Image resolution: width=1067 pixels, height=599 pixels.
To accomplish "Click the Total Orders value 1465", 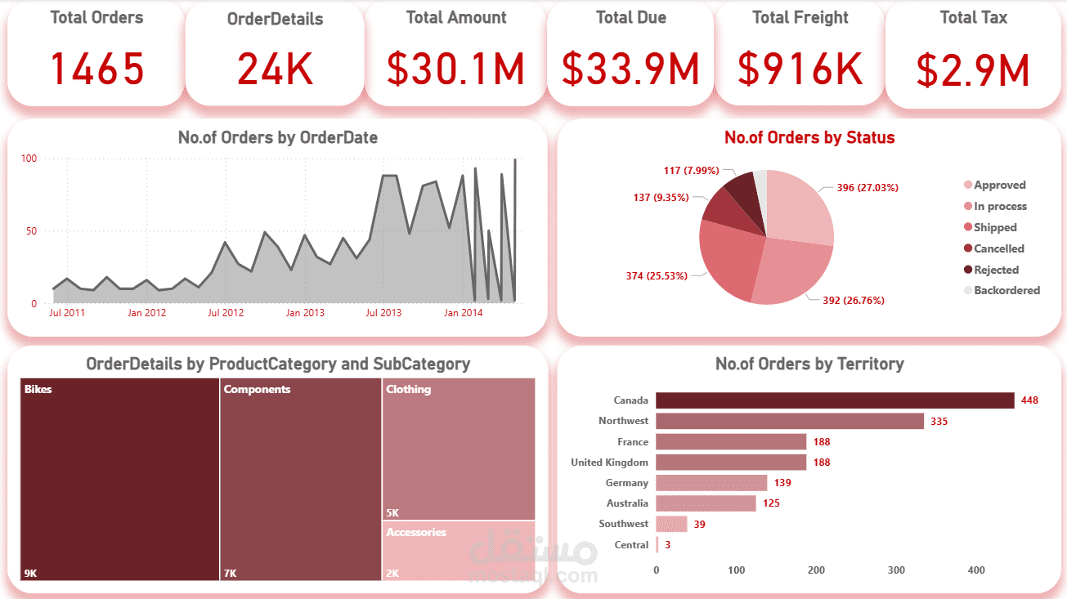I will [97, 69].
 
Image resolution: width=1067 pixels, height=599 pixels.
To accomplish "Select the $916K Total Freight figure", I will [800, 69].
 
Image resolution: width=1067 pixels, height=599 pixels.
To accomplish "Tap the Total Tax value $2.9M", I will [973, 70].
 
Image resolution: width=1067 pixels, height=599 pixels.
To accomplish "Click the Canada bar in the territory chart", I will [834, 400].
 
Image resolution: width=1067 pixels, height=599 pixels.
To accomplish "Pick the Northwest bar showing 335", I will [789, 421].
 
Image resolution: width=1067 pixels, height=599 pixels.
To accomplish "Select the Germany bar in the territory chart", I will [711, 483].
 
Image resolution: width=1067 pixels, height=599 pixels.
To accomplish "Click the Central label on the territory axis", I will [631, 545].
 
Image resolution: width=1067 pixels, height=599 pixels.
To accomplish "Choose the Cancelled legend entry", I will [998, 248].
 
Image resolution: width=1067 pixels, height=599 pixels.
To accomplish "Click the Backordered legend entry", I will [1006, 290].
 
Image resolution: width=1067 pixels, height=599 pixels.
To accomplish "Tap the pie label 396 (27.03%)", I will [867, 188].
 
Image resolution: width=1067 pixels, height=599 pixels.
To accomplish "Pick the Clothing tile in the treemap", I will [458, 449].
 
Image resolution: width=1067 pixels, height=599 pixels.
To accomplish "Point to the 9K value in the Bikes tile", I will [30, 574].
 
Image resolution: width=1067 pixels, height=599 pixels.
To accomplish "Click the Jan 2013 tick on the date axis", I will [304, 313].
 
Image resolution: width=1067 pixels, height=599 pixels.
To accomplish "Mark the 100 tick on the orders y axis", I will [29, 159].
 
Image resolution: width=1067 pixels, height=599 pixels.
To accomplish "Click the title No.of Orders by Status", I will [809, 138].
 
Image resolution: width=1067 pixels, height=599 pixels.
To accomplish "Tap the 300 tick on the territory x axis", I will [896, 570].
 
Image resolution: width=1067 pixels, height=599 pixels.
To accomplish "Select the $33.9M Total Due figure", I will [630, 69].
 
